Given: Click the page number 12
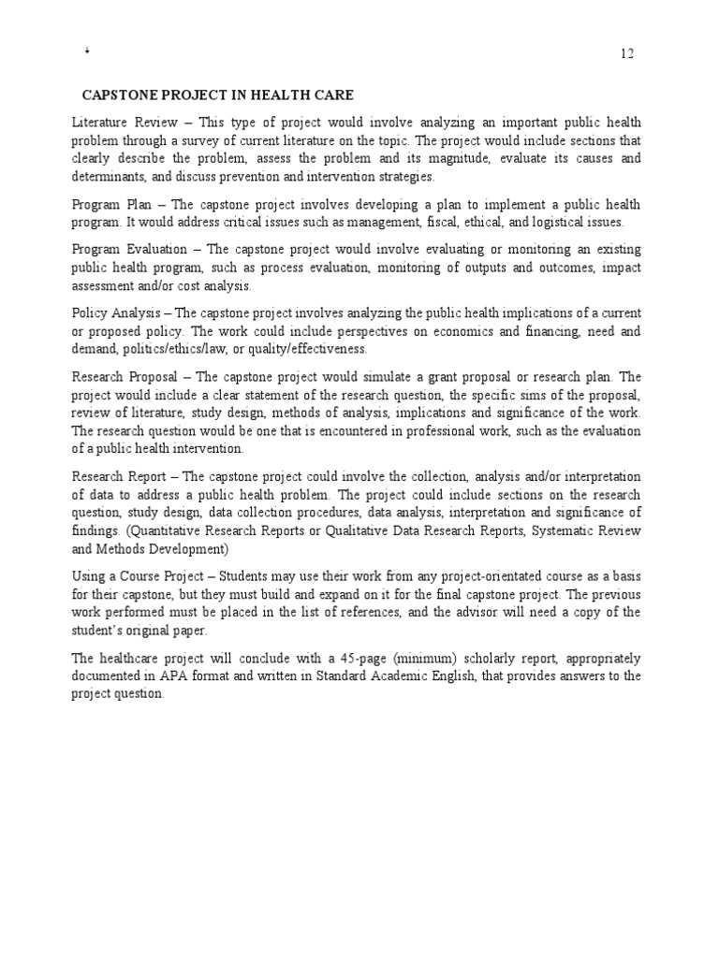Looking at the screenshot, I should (x=627, y=53).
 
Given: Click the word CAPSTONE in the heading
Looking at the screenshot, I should (x=117, y=95).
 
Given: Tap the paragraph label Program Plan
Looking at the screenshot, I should (x=109, y=205).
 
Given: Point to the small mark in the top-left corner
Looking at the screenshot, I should (x=86, y=51).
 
